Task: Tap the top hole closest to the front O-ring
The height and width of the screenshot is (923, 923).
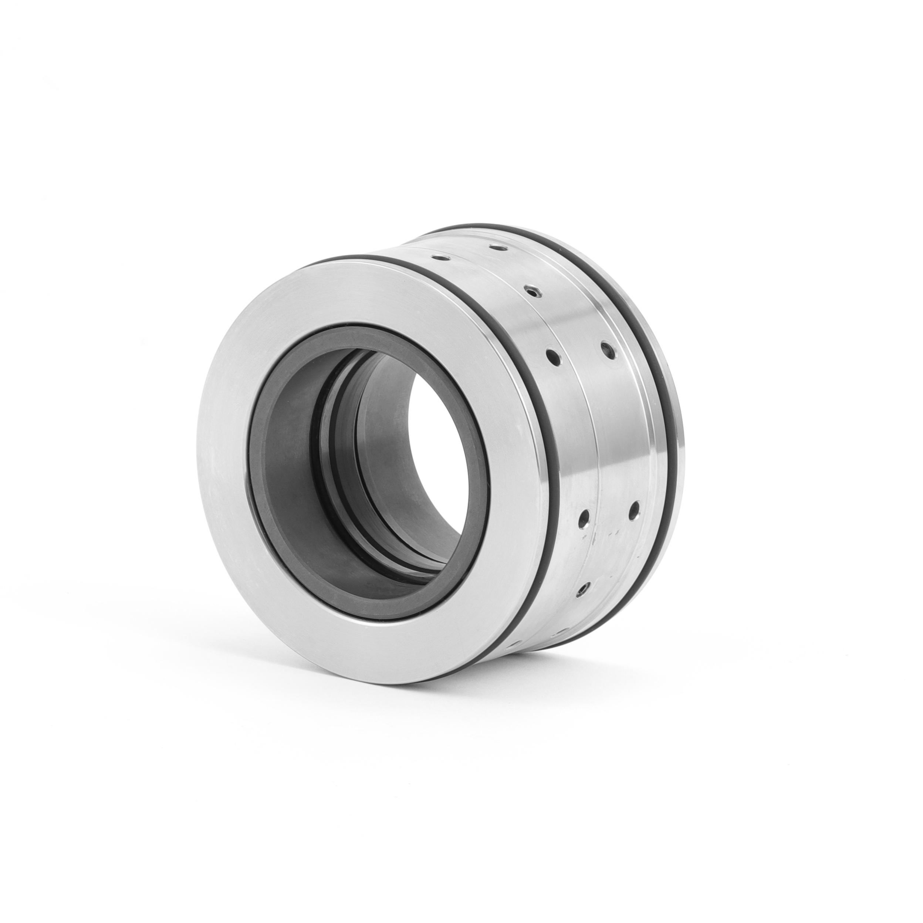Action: [x=436, y=257]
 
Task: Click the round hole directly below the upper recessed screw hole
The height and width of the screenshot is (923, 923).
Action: [x=553, y=356]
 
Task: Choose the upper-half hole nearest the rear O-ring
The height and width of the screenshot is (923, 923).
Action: [x=606, y=349]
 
